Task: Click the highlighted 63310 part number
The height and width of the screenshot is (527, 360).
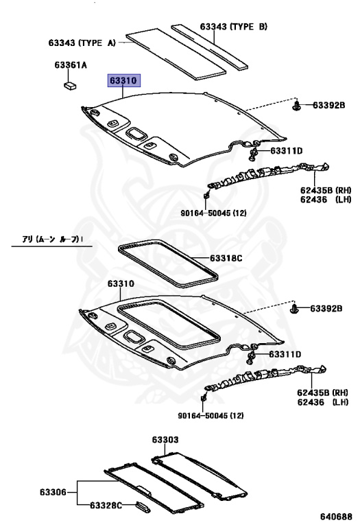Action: coord(123,81)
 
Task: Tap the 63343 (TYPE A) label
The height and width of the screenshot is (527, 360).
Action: coord(82,43)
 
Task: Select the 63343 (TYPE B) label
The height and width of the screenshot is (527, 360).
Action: coord(234,27)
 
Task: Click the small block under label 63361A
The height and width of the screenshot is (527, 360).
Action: coord(70,85)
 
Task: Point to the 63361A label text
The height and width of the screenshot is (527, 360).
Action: coord(71,65)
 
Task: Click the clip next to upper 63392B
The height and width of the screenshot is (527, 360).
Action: coord(296,106)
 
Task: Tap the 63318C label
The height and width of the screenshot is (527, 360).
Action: coord(226,258)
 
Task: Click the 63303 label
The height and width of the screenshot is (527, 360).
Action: coord(165,440)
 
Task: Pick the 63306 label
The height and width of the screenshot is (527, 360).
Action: coord(53,492)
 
